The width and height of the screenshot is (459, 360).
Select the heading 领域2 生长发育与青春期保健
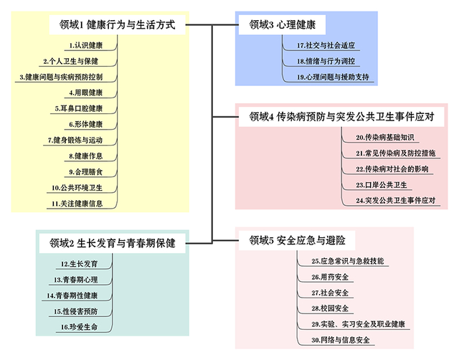tap(112, 242)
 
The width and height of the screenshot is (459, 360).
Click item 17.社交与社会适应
tap(325, 45)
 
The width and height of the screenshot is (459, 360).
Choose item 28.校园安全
tap(331, 308)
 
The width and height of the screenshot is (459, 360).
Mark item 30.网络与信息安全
tap(341, 340)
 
